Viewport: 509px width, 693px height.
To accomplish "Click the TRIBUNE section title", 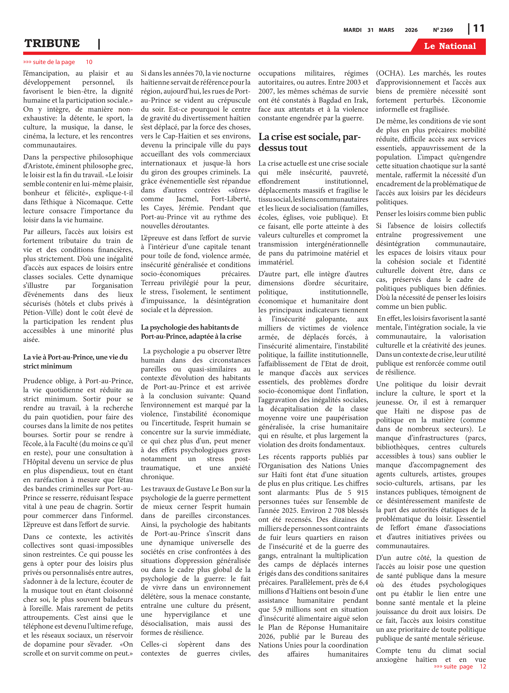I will [x=52, y=43].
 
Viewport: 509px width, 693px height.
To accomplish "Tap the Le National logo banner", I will [x=450, y=46].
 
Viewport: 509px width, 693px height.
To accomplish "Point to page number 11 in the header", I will [x=478, y=29].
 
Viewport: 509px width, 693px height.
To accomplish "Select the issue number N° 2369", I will [x=443, y=30].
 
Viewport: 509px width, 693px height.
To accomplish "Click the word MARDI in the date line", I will [x=352, y=30].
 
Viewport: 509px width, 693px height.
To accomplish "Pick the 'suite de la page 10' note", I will [x=58, y=62].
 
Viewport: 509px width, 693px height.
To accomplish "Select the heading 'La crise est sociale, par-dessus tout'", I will [x=309, y=142].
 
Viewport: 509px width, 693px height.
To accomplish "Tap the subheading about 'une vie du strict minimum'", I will [x=75, y=362].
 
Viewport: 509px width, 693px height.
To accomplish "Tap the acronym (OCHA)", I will [x=390, y=73].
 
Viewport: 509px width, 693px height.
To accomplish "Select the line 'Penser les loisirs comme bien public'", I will [x=430, y=214].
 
